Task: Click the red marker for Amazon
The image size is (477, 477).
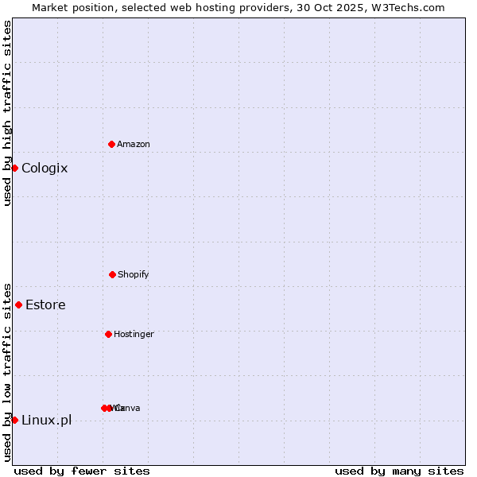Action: coord(112,144)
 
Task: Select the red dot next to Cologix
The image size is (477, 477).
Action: coord(14,168)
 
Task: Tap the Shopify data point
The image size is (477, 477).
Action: coord(112,274)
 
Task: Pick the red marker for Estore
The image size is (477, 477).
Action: coord(18,304)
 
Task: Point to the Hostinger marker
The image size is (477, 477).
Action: coord(108,334)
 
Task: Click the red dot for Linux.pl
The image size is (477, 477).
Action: coord(14,420)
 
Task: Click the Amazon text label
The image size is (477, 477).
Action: coord(134,144)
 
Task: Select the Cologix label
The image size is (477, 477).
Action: coord(45,168)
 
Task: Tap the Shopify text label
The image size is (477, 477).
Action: coord(134,274)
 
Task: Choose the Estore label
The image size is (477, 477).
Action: coord(45,304)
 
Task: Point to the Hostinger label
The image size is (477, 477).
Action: coord(134,334)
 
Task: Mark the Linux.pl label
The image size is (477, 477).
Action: coord(46,420)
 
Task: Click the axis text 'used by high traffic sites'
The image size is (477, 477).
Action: coord(7,113)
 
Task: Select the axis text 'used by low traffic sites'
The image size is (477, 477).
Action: coord(7,372)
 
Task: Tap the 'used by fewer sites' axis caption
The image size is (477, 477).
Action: coord(82,471)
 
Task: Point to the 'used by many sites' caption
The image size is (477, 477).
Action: coord(399,471)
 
